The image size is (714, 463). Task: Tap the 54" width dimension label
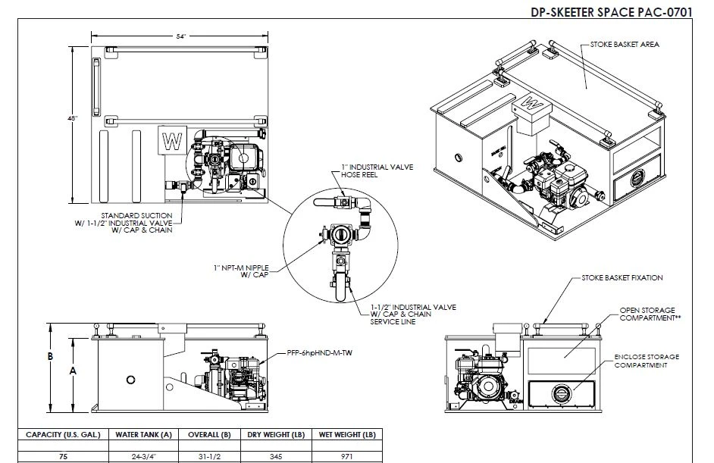click(x=181, y=36)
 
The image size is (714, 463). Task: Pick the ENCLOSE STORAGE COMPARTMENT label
click(x=647, y=361)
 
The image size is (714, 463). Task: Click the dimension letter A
click(x=73, y=371)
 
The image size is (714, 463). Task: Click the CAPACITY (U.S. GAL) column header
click(x=61, y=435)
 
